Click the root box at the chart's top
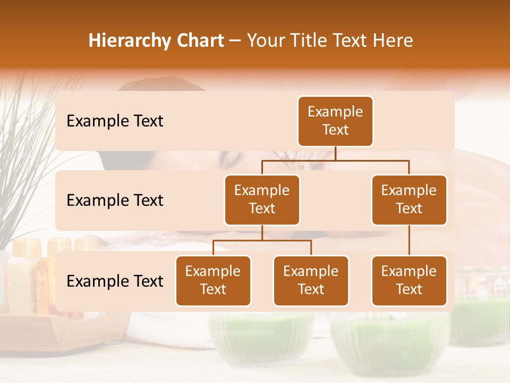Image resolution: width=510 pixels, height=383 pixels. [x=335, y=121]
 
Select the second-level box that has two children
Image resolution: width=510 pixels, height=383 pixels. [x=262, y=199]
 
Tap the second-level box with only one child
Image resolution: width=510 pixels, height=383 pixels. [x=409, y=199]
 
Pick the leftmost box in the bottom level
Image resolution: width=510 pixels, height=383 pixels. [x=213, y=280]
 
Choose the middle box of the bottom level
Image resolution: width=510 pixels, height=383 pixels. [x=311, y=280]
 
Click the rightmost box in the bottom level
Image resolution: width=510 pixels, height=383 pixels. [x=409, y=280]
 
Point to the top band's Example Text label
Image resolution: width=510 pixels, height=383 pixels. [x=115, y=121]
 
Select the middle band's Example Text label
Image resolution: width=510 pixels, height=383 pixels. [x=115, y=201]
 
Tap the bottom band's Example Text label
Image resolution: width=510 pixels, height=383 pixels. [x=115, y=281]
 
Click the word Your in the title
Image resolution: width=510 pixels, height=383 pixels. [x=266, y=40]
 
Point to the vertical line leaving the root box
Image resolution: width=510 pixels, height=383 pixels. [x=335, y=153]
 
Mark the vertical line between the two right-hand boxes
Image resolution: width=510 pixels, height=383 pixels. [x=409, y=240]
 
